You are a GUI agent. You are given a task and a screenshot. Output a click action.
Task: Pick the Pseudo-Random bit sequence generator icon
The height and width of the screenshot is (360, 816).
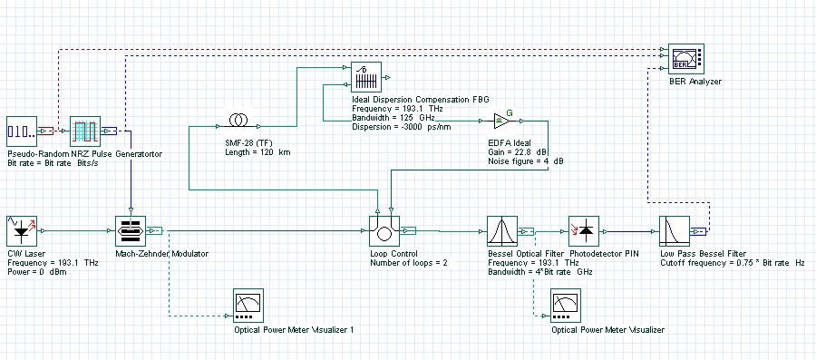point(21,131)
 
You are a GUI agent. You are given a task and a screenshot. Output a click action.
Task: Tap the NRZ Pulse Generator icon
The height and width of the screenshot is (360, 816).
point(84,131)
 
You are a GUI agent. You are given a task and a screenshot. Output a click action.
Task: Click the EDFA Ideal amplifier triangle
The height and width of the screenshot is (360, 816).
point(502,119)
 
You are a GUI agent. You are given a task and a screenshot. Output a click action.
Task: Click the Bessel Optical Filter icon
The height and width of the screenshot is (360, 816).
point(501,230)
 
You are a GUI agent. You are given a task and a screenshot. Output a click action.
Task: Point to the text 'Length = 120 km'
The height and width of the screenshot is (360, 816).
point(257,152)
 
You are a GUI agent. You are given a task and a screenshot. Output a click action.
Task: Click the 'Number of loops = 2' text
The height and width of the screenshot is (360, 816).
point(409,263)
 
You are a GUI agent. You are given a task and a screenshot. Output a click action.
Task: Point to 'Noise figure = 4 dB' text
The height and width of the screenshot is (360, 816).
point(522,161)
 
